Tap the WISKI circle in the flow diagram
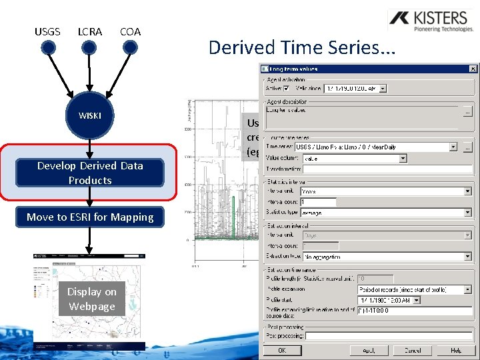point(90,115)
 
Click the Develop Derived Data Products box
point(90,173)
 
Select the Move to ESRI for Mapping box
point(90,217)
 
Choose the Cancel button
point(412,350)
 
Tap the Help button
point(455,350)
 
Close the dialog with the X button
point(473,68)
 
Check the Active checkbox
point(286,88)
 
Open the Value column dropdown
point(403,159)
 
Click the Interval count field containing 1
point(319,202)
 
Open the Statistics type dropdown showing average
point(467,213)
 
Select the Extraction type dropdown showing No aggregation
point(467,257)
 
